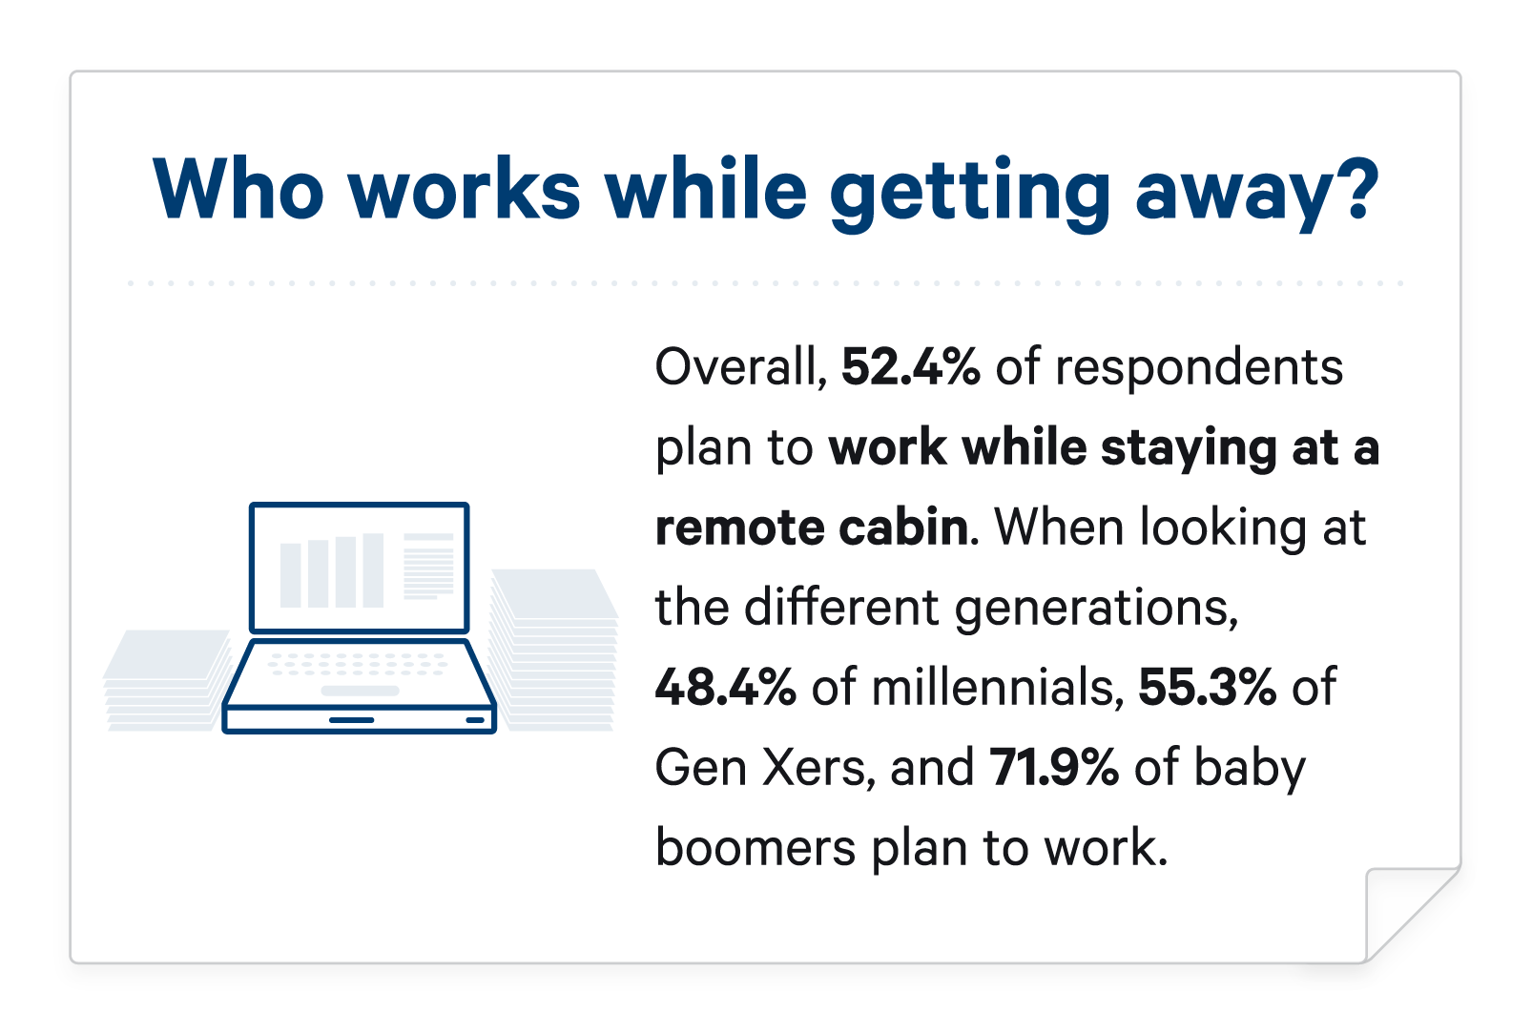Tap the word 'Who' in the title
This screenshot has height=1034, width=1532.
coord(238,189)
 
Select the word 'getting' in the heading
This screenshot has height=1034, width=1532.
coord(970,195)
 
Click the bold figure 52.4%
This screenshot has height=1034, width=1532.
coord(910,367)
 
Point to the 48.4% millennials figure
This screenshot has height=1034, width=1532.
coord(726,687)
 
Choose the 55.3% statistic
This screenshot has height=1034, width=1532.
coord(1207,687)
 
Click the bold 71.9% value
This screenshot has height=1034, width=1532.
coord(1055,767)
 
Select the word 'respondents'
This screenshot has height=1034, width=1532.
coord(1199,370)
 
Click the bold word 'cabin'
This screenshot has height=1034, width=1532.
coord(904,527)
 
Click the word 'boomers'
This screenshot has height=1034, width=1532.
coord(756,847)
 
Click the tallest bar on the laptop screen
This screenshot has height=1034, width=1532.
coord(373,570)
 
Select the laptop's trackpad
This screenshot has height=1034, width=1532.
coord(361,691)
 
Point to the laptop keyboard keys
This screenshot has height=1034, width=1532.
coord(359,664)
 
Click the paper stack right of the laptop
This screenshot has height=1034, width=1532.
coord(554,650)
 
